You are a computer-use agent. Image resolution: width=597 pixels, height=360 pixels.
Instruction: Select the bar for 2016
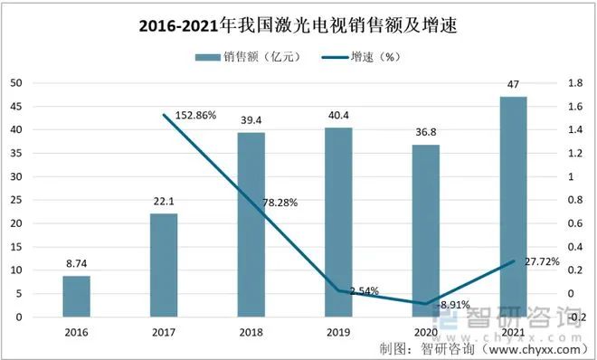coord(77,297)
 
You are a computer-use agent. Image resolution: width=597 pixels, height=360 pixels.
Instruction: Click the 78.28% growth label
coord(280,204)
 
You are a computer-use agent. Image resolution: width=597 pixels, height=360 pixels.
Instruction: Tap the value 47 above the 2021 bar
coord(513,85)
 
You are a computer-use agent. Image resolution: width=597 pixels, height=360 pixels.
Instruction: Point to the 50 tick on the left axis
coord(15,83)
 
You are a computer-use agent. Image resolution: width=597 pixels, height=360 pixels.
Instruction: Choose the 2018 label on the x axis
coord(251,332)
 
